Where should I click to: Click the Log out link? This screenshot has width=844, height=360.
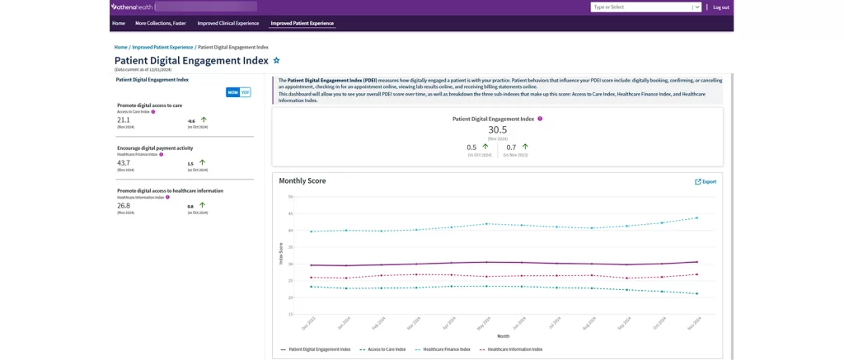point(720,7)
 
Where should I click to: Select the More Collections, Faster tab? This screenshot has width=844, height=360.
point(161,23)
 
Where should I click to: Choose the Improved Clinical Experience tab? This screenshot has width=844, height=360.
point(227,23)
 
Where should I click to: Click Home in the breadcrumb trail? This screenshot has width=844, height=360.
point(120,47)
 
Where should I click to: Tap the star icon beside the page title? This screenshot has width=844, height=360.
point(277,60)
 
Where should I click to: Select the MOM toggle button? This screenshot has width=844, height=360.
point(232,92)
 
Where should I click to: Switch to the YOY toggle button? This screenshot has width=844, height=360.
point(245,92)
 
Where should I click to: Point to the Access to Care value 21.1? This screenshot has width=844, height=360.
point(124,119)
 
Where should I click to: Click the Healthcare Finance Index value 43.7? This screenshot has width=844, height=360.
point(124,162)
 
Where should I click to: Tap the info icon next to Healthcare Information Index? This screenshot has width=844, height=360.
point(167,197)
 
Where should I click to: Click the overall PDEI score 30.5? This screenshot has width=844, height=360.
point(497,129)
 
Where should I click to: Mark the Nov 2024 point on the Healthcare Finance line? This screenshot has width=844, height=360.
point(697,218)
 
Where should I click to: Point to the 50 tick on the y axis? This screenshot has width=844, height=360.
point(290,197)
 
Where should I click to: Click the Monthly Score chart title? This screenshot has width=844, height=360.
point(302,180)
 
